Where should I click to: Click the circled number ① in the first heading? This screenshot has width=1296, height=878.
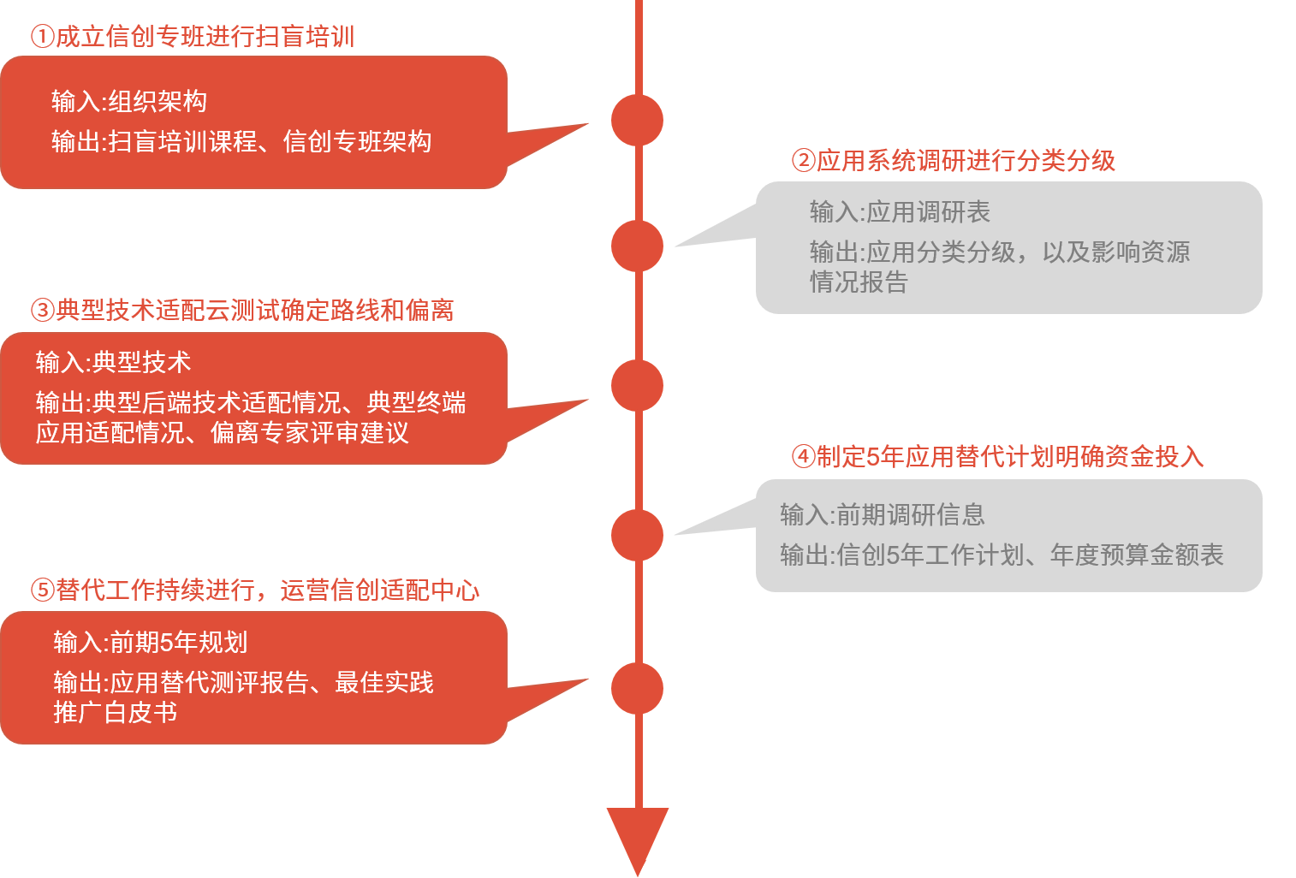42,37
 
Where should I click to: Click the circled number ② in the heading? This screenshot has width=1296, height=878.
803,161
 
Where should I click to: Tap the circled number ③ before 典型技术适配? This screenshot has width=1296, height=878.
42,311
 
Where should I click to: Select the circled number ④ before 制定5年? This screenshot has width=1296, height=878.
803,457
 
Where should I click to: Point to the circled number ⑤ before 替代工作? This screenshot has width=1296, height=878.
42,590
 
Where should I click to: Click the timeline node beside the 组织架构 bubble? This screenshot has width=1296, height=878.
637,121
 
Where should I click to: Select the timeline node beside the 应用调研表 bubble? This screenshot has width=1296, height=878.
637,246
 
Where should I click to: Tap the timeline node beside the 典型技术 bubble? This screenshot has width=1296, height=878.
637,386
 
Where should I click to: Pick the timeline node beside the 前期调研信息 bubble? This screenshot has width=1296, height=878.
637,535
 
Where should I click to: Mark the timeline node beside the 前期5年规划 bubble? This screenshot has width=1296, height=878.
637,688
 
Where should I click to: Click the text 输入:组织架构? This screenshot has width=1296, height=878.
129,102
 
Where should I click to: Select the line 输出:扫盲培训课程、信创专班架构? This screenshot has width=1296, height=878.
241,142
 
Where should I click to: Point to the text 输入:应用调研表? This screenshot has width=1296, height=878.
900,212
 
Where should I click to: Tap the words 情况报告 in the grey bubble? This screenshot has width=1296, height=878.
859,282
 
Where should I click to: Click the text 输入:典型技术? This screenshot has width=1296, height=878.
113,363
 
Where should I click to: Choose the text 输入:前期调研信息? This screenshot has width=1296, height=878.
883,515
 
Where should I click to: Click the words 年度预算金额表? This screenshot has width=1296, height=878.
1137,555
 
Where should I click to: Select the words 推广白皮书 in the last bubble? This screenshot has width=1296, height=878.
116,713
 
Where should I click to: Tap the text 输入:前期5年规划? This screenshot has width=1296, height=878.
151,643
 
